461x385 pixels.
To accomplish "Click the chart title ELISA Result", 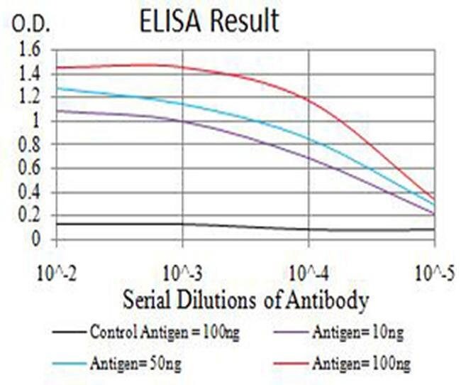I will [209, 22].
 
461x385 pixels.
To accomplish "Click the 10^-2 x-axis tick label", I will [57, 273].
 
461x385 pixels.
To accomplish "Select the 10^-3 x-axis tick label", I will [182, 273].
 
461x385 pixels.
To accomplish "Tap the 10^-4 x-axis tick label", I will [309, 273].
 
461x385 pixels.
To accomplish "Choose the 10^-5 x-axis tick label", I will [433, 273].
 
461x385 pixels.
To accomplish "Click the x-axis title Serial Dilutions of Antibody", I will [245, 300].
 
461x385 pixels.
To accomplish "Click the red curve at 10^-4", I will [309, 99].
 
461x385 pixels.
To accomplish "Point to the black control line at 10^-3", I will [183, 224].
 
